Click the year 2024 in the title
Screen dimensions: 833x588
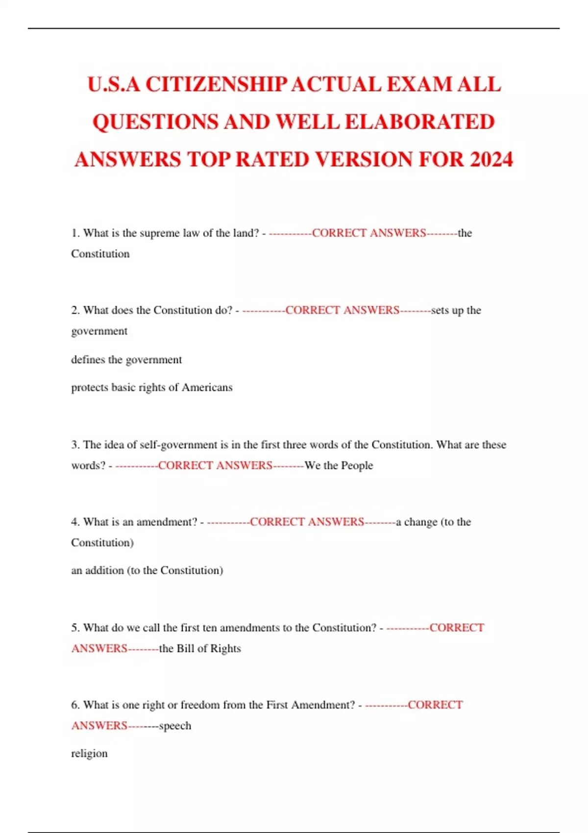click(491, 160)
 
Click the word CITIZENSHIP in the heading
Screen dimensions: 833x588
click(216, 84)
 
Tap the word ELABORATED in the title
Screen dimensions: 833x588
click(420, 122)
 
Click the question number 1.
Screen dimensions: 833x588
click(75, 233)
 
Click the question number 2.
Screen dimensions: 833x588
click(75, 310)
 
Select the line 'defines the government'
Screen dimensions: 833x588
click(126, 360)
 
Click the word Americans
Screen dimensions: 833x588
click(207, 388)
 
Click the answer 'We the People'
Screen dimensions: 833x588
click(339, 465)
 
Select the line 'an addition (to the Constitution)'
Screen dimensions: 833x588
click(147, 570)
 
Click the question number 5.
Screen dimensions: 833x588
click(75, 628)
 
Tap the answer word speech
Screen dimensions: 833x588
click(175, 726)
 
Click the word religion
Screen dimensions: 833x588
click(89, 754)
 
